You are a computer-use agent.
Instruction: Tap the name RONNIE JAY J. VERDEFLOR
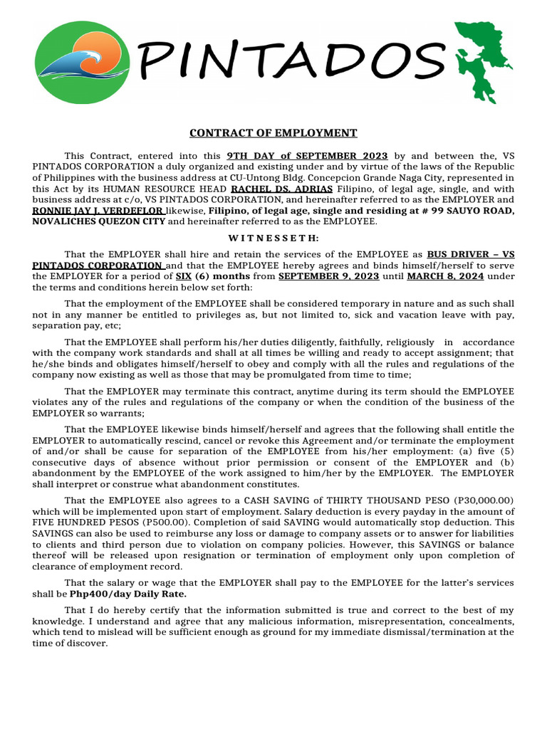(99, 211)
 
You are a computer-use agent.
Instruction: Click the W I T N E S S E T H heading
(273, 238)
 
